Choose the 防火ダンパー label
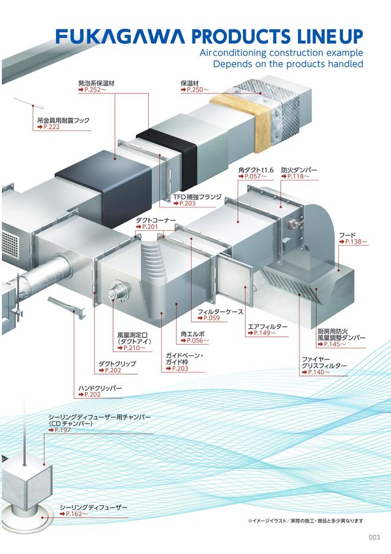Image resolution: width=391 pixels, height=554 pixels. [299, 169]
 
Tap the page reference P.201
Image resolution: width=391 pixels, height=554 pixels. [149, 227]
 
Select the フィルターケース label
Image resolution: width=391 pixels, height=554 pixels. [221, 311]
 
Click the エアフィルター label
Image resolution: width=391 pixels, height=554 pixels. [267, 326]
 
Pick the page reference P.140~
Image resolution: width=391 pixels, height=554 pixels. [318, 372]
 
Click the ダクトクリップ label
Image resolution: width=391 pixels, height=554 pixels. [117, 364]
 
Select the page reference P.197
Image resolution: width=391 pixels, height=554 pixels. [62, 430]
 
